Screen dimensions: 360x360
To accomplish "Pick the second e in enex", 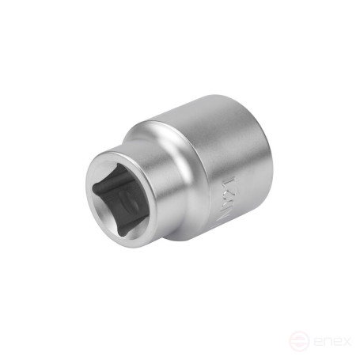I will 337,339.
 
